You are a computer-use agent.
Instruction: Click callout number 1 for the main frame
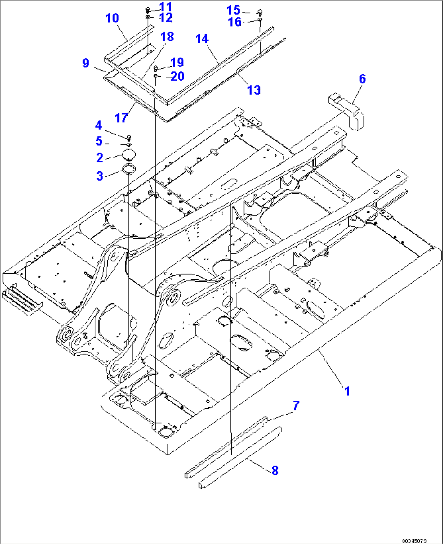pyautogui.click(x=347, y=391)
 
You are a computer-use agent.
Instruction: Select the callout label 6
pyautogui.click(x=362, y=79)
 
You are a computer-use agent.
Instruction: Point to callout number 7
pyautogui.click(x=296, y=406)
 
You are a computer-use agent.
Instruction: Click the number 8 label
pyautogui.click(x=275, y=471)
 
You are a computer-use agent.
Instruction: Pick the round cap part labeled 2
pyautogui.click(x=128, y=155)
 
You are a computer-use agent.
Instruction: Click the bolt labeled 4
pyautogui.click(x=129, y=137)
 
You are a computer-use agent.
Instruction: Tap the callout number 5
pyautogui.click(x=99, y=141)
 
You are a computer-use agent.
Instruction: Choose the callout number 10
pyautogui.click(x=112, y=18)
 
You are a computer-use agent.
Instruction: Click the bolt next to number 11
pyautogui.click(x=148, y=10)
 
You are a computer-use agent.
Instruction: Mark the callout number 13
pyautogui.click(x=254, y=90)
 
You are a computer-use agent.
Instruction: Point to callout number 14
pyautogui.click(x=202, y=39)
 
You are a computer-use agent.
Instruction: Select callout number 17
pyautogui.click(x=121, y=118)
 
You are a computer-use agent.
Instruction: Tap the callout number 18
pyautogui.click(x=167, y=37)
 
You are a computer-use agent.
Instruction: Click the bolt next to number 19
pyautogui.click(x=156, y=68)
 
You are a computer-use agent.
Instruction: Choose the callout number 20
pyautogui.click(x=177, y=76)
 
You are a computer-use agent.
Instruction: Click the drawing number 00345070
pyautogui.click(x=414, y=540)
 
